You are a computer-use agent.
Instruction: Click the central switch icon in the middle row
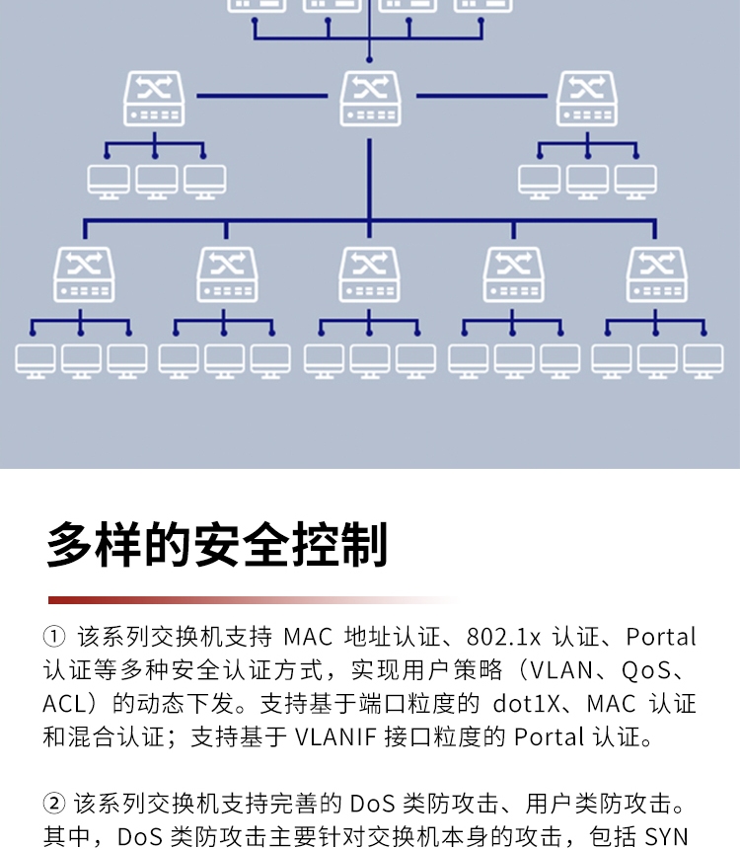tap(370, 99)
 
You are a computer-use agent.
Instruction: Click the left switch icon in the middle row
tap(154, 99)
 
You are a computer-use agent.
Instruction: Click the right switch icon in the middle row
tap(587, 99)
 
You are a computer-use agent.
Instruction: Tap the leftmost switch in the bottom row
tap(84, 274)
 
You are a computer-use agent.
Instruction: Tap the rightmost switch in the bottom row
tap(657, 274)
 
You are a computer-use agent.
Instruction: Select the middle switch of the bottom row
tap(369, 274)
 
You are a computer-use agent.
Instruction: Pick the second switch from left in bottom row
tap(227, 274)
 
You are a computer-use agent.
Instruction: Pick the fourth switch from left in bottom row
tap(514, 274)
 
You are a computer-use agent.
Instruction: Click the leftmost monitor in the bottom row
tap(36, 361)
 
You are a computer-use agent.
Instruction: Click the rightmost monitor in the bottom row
tap(703, 361)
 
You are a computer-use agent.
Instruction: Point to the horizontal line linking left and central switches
tap(262, 96)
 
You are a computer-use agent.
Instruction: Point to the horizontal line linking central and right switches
tap(481, 96)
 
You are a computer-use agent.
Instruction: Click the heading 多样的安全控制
tap(217, 544)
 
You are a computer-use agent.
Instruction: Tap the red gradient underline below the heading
tap(254, 600)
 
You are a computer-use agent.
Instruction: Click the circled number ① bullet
tap(54, 637)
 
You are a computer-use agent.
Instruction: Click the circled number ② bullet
tap(54, 804)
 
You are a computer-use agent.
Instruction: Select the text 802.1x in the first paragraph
tap(503, 638)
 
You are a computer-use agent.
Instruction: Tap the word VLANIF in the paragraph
tap(335, 736)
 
